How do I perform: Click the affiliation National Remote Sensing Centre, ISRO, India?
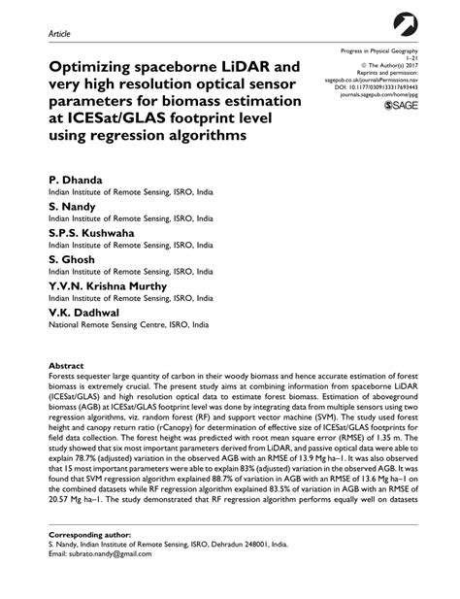pos(129,325)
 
